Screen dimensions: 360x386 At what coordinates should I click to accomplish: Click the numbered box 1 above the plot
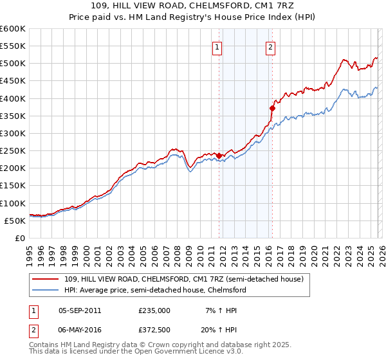[217, 47]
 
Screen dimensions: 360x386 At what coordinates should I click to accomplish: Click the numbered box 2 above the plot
[271, 47]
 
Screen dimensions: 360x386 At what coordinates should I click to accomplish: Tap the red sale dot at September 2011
[219, 156]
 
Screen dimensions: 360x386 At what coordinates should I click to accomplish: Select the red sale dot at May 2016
[272, 108]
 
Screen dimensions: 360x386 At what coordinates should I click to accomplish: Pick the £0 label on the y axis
[19, 238]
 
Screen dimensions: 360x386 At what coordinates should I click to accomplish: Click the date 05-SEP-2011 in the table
[80, 310]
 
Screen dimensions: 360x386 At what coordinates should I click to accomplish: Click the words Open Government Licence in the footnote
[193, 353]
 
